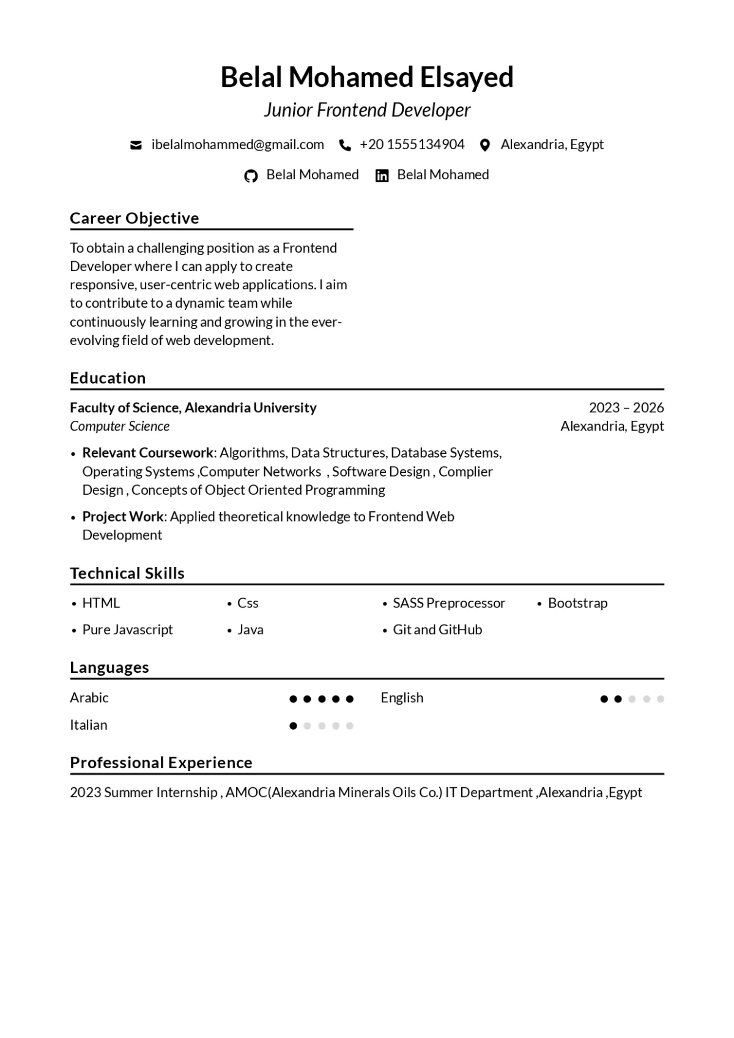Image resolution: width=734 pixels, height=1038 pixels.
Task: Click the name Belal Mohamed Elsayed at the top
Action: pyautogui.click(x=367, y=78)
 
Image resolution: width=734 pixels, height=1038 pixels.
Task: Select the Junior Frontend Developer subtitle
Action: pyautogui.click(x=367, y=110)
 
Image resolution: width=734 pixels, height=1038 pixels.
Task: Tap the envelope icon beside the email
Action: pyautogui.click(x=136, y=145)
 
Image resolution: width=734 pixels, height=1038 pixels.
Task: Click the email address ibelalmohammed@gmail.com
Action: pyautogui.click(x=238, y=144)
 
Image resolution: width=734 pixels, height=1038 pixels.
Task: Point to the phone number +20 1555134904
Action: pyautogui.click(x=412, y=144)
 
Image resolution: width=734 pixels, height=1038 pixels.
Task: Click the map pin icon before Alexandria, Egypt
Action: pyautogui.click(x=485, y=145)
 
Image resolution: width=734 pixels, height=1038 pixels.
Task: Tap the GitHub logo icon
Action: pyautogui.click(x=251, y=176)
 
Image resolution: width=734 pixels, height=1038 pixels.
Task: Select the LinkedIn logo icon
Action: pyautogui.click(x=382, y=176)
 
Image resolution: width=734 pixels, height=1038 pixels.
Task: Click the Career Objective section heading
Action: pyautogui.click(x=135, y=218)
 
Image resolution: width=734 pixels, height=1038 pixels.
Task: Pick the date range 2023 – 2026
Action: pyautogui.click(x=626, y=407)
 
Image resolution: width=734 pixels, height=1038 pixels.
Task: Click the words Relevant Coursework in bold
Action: pyautogui.click(x=148, y=453)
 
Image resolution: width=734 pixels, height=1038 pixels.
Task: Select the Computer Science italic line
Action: pyautogui.click(x=120, y=426)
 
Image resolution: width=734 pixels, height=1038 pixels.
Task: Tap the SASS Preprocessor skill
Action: pyautogui.click(x=449, y=603)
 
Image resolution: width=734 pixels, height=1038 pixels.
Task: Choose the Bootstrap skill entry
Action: pyautogui.click(x=577, y=603)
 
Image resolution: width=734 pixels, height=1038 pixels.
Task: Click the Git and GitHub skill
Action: pyautogui.click(x=437, y=629)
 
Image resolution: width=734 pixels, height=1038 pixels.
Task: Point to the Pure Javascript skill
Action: pyautogui.click(x=128, y=629)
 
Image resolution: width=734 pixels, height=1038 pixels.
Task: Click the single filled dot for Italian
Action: pyautogui.click(x=293, y=726)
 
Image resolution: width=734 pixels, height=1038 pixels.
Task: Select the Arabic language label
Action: pyautogui.click(x=89, y=698)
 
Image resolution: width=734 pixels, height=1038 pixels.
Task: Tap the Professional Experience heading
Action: pyautogui.click(x=161, y=763)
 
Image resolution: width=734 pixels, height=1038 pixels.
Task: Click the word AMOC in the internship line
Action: pyautogui.click(x=247, y=793)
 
